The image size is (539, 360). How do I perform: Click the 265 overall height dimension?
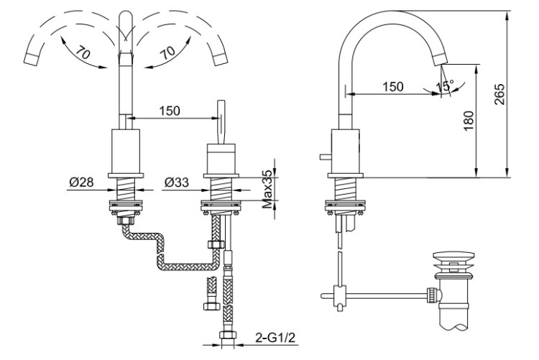click(x=499, y=94)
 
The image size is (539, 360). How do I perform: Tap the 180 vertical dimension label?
click(x=469, y=121)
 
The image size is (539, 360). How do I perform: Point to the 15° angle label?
click(x=446, y=86)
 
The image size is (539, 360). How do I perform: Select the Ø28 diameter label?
click(x=81, y=182)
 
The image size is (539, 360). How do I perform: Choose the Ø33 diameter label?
click(x=176, y=182)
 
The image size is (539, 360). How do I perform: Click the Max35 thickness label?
click(x=267, y=189)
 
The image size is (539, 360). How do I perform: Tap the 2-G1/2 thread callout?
click(x=275, y=338)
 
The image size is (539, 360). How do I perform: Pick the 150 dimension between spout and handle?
click(x=170, y=111)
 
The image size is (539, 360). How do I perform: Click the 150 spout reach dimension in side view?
click(x=393, y=86)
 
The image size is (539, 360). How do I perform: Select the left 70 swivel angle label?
click(x=83, y=52)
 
